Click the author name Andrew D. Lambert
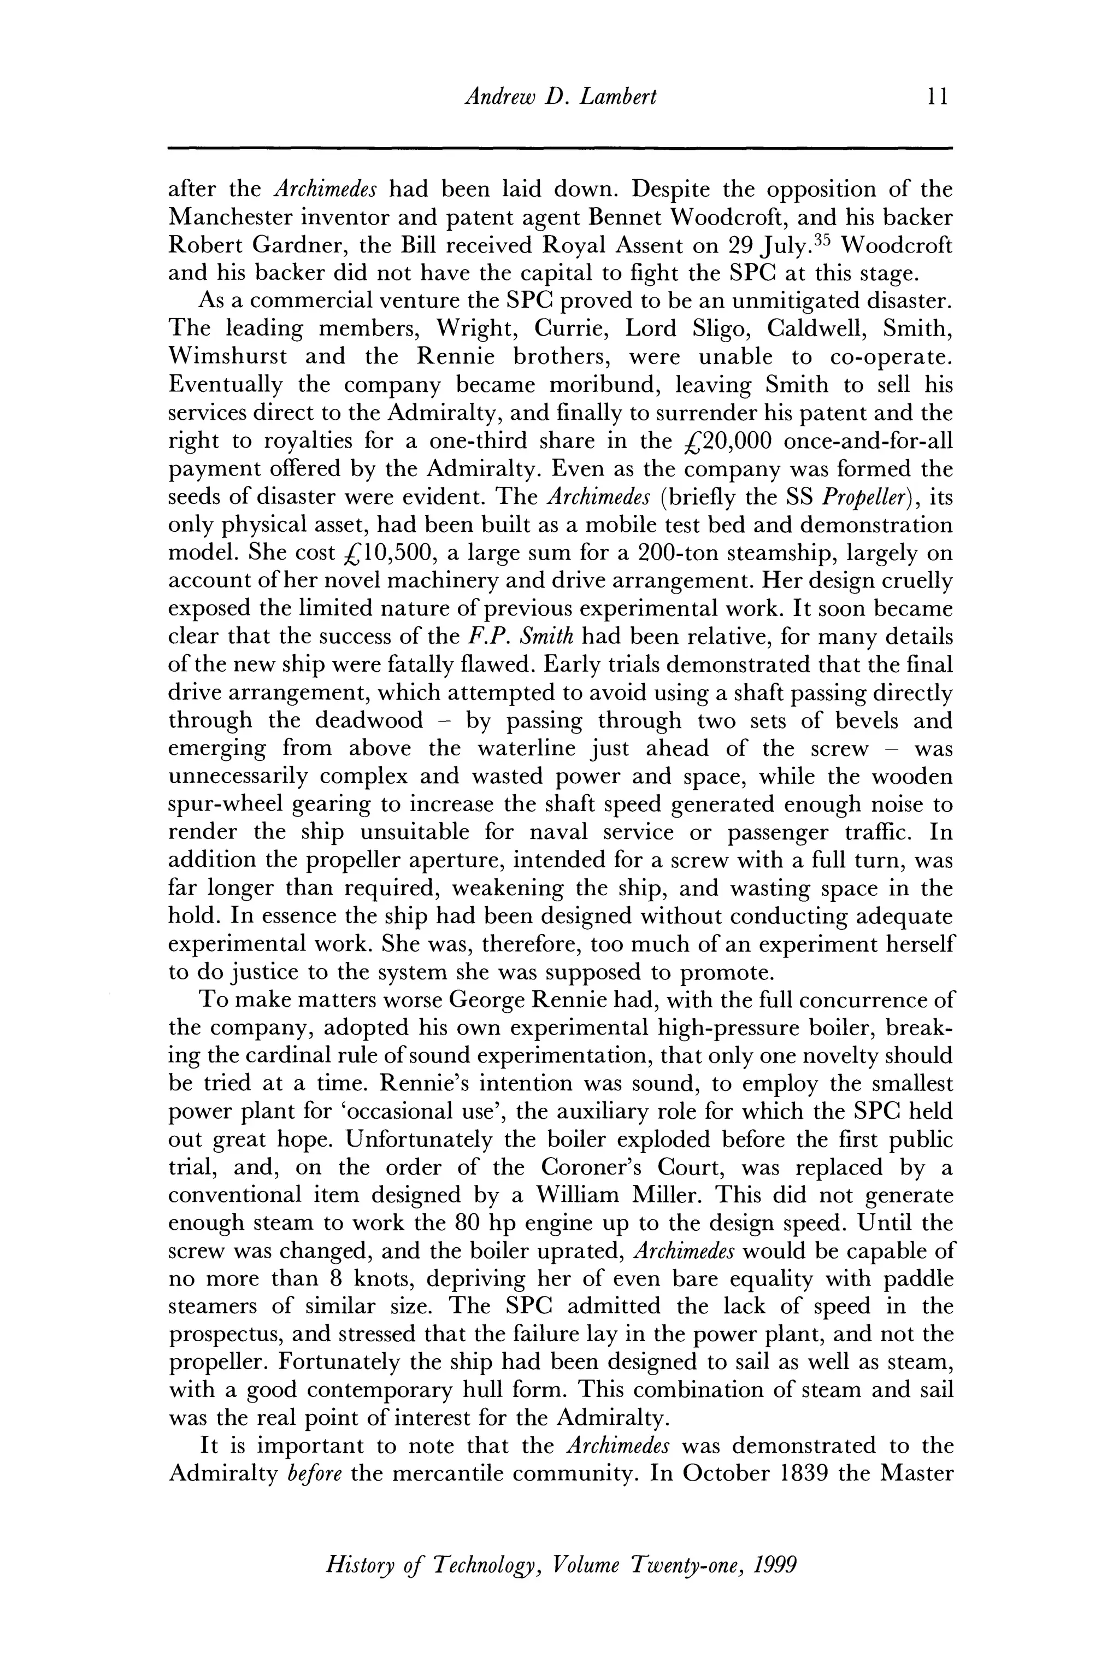tap(559, 96)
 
